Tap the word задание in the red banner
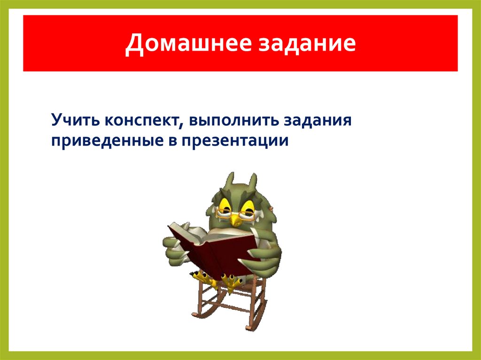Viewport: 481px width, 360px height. coord(304,45)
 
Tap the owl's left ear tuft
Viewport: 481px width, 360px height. coord(230,181)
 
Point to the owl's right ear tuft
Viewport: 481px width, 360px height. coord(253,181)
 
